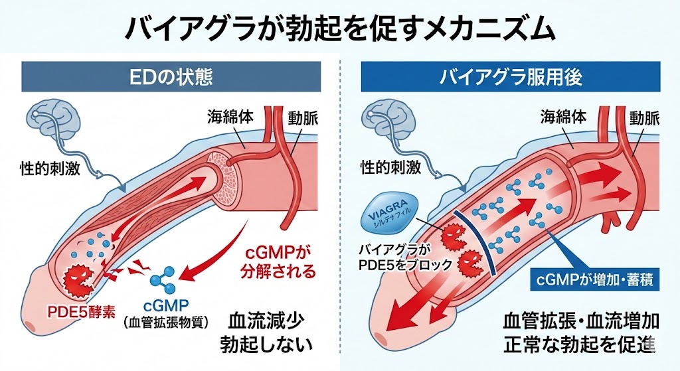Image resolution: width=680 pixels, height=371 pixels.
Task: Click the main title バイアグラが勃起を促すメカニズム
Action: (x=339, y=27)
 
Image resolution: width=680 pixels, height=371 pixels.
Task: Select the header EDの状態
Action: (x=171, y=77)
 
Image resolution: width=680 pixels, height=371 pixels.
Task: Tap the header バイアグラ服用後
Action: (x=511, y=77)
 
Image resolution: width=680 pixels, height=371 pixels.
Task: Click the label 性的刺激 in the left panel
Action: (x=50, y=168)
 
